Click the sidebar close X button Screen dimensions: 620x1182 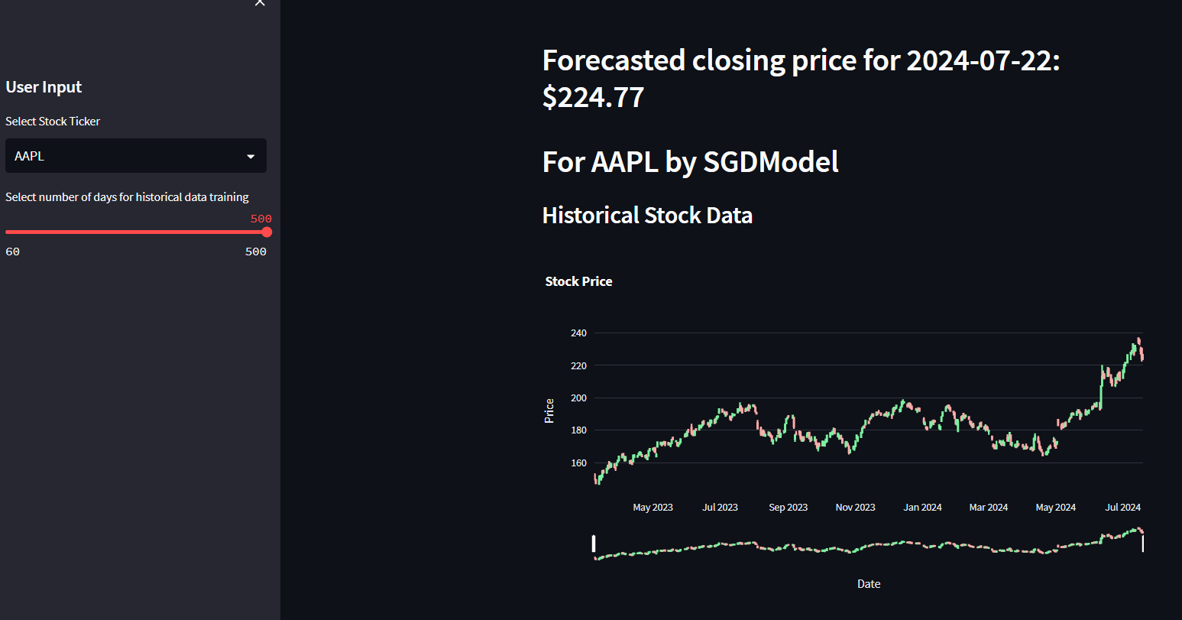coord(260,3)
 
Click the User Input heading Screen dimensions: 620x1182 coord(44,87)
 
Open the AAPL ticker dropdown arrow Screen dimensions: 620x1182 coord(251,157)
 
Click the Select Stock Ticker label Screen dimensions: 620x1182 coord(53,122)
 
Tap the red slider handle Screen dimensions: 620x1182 coord(267,232)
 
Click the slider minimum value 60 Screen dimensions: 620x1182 coord(12,252)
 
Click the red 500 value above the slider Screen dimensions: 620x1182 coord(261,219)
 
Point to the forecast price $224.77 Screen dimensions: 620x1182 coord(594,98)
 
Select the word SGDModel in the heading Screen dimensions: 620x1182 coord(771,162)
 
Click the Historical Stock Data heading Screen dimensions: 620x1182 coord(647,216)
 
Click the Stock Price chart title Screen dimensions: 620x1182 coord(578,281)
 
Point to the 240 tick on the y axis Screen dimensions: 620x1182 coord(578,333)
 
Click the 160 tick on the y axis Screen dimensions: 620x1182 coord(578,463)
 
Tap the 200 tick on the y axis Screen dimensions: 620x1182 coord(578,398)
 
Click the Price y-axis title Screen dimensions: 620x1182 coord(549,411)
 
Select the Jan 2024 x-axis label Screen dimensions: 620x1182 coord(922,508)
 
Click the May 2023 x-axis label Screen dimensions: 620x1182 coord(653,508)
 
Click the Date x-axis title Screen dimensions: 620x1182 coord(869,584)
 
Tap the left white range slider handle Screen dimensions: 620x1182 coord(594,544)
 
